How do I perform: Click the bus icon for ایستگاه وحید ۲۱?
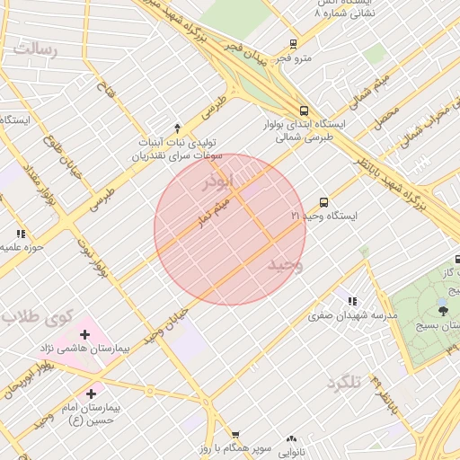[323, 202]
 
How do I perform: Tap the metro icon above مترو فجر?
[293, 43]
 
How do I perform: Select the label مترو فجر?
[293, 58]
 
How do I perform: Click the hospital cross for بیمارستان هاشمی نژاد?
[85, 334]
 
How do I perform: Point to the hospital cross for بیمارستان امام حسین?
[91, 394]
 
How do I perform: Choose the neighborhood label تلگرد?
[343, 383]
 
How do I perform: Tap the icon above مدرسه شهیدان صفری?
[352, 301]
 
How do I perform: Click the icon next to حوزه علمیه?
[21, 234]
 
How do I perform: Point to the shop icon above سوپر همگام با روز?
[235, 434]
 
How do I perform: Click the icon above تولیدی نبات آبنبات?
[177, 128]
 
